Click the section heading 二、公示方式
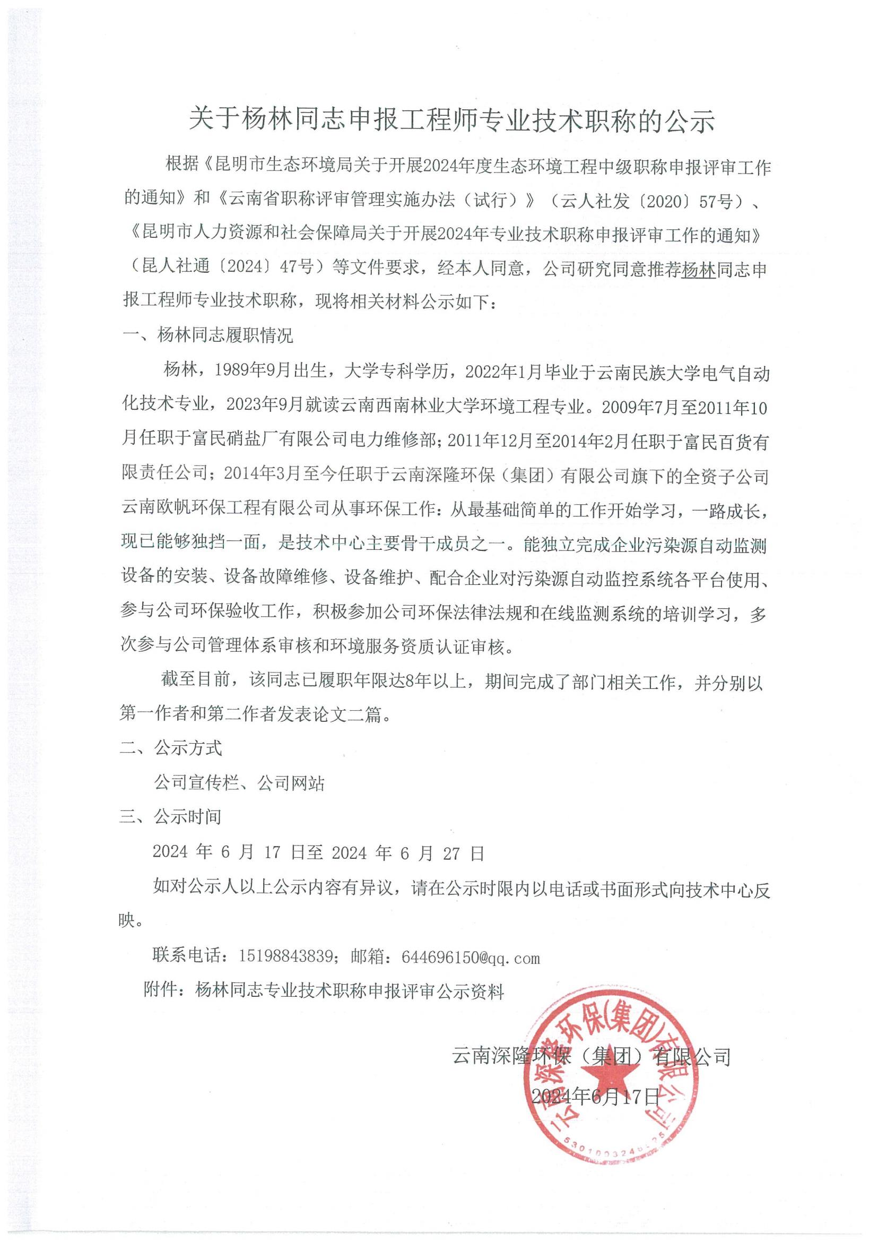pyautogui.click(x=170, y=749)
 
